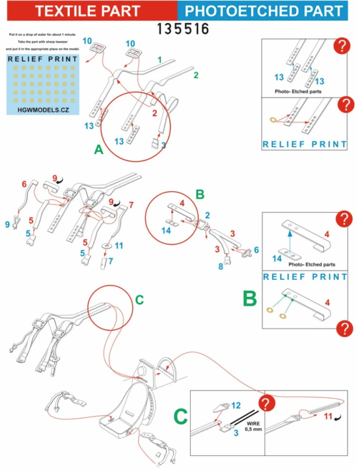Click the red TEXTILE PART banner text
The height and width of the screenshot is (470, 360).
pyautogui.click(x=88, y=11)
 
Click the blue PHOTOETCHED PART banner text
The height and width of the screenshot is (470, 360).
pyautogui.click(x=264, y=11)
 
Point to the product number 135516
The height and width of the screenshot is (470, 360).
pyautogui.click(x=183, y=29)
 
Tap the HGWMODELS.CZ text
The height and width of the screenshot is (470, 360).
pyautogui.click(x=43, y=110)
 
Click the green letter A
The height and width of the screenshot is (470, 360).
pyautogui.click(x=99, y=149)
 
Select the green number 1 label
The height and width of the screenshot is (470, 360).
pyautogui.click(x=160, y=60)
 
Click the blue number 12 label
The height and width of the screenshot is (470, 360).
pyautogui.click(x=236, y=405)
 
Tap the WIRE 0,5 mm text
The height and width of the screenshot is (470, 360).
pyautogui.click(x=253, y=426)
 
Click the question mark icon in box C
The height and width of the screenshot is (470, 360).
pyautogui.click(x=266, y=403)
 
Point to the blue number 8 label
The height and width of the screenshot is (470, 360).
pyautogui.click(x=221, y=266)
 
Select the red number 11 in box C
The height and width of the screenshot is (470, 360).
pyautogui.click(x=328, y=417)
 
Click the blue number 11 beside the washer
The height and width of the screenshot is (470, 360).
pyautogui.click(x=119, y=246)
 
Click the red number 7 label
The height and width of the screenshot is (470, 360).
pyautogui.click(x=131, y=205)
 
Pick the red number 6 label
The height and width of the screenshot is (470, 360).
pyautogui.click(x=24, y=184)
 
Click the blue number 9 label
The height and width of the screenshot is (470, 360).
pyautogui.click(x=8, y=224)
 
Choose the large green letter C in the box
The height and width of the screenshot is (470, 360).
pyautogui.click(x=181, y=417)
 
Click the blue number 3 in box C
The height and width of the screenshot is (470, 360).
pyautogui.click(x=236, y=433)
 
